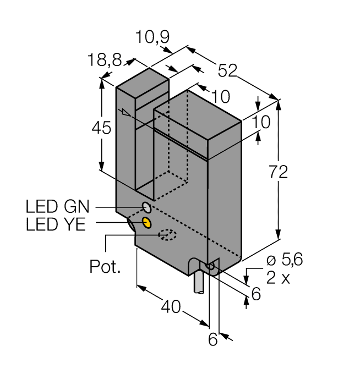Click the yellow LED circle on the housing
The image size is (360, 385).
tap(147, 222)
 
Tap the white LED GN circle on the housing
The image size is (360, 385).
tap(147, 207)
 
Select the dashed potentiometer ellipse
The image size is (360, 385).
tap(167, 235)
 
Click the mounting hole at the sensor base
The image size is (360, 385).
tap(210, 267)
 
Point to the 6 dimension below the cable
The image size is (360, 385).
tap(212, 340)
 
